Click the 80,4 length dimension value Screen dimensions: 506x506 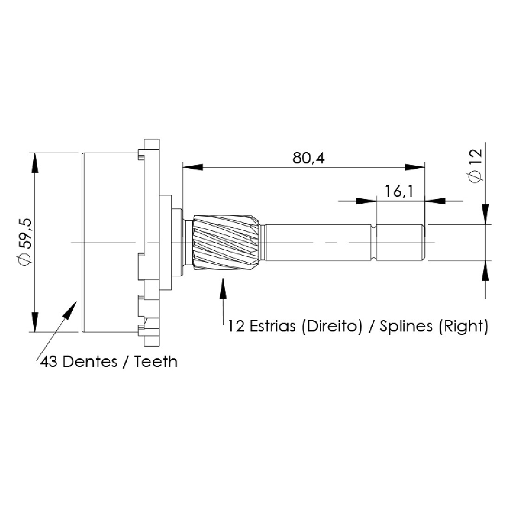(308, 158)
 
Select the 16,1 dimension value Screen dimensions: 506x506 (399, 192)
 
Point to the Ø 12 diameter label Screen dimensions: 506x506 (474, 166)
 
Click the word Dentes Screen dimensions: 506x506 (90, 362)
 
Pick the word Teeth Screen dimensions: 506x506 (156, 362)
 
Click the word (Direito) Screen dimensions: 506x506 (332, 326)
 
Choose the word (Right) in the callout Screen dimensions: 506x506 (463, 326)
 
